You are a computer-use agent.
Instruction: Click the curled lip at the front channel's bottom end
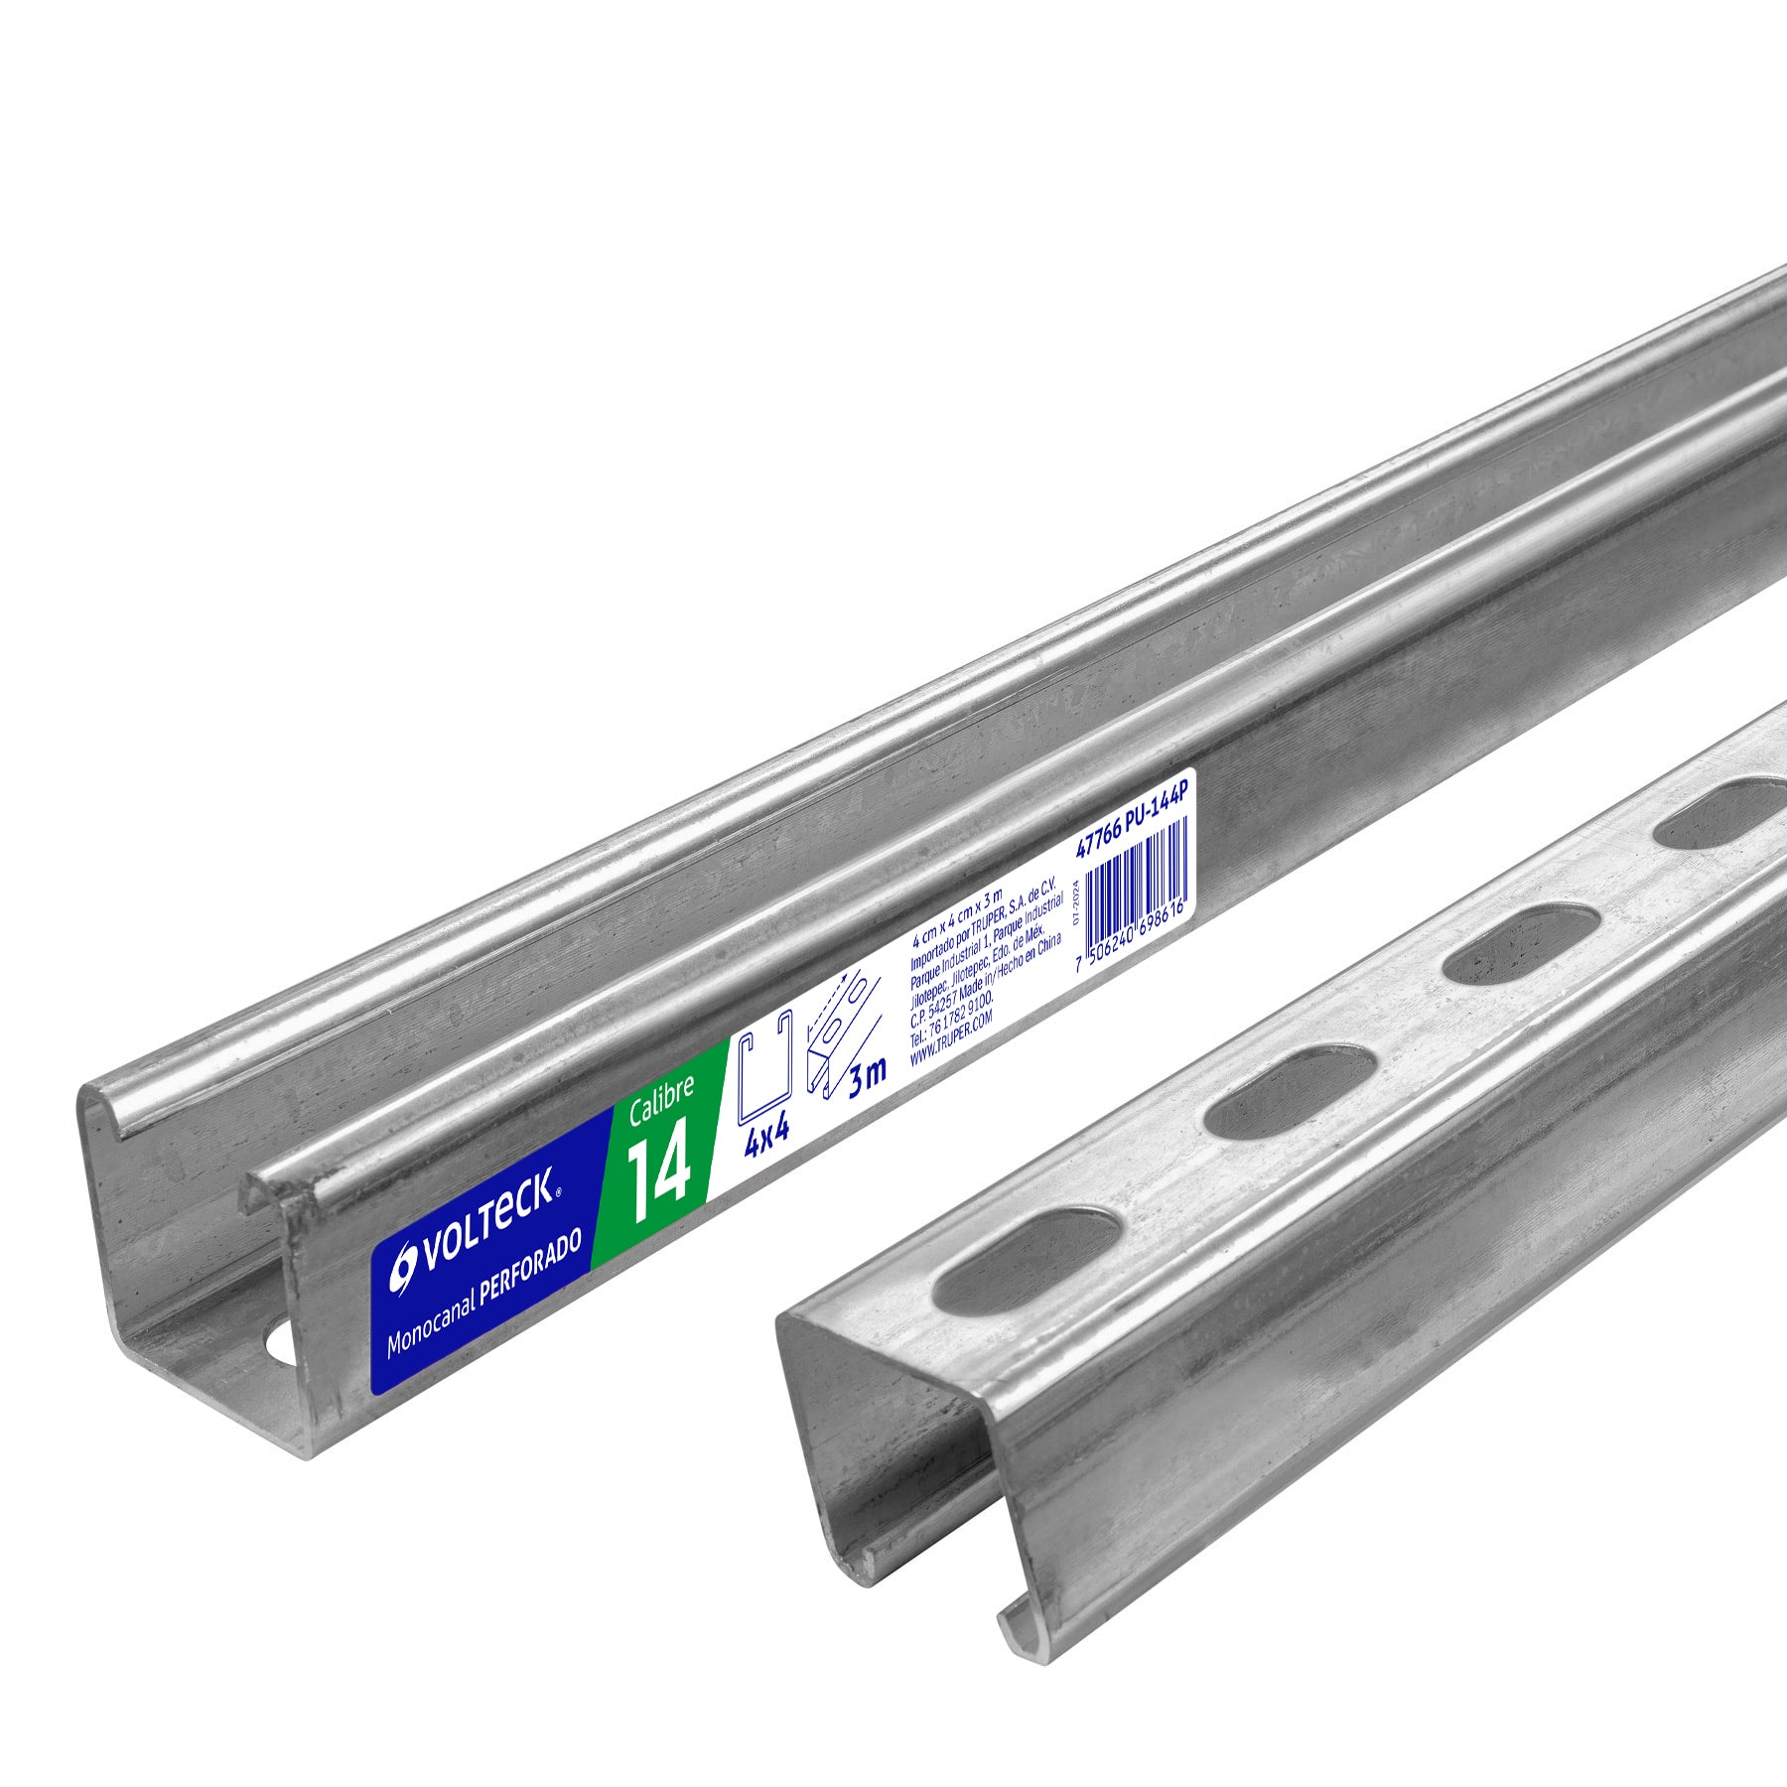1022,1654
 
